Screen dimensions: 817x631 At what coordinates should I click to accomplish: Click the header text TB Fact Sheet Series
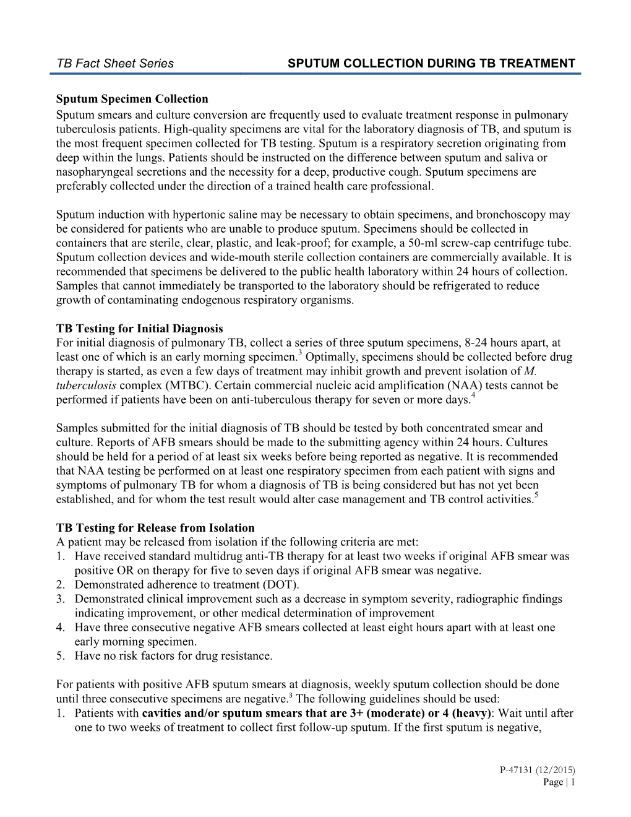pyautogui.click(x=115, y=63)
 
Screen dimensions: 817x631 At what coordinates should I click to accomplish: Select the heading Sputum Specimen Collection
pyautogui.click(x=132, y=99)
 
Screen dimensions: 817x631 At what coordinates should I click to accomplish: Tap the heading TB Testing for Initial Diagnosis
pyautogui.click(x=139, y=329)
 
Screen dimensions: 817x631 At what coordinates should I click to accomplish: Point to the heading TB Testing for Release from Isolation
pyautogui.click(x=155, y=528)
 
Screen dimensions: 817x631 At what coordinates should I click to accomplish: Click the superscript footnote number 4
pyautogui.click(x=473, y=396)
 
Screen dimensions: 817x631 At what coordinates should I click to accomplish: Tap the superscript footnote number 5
pyautogui.click(x=536, y=496)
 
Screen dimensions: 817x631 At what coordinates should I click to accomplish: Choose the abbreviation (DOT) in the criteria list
pyautogui.click(x=282, y=585)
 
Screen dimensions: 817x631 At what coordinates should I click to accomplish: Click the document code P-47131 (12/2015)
pyautogui.click(x=537, y=770)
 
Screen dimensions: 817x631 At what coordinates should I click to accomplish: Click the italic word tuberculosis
pyautogui.click(x=86, y=386)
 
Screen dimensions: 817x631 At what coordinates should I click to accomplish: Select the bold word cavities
pyautogui.click(x=165, y=713)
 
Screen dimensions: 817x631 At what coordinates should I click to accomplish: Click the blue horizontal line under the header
pyautogui.click(x=315, y=74)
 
